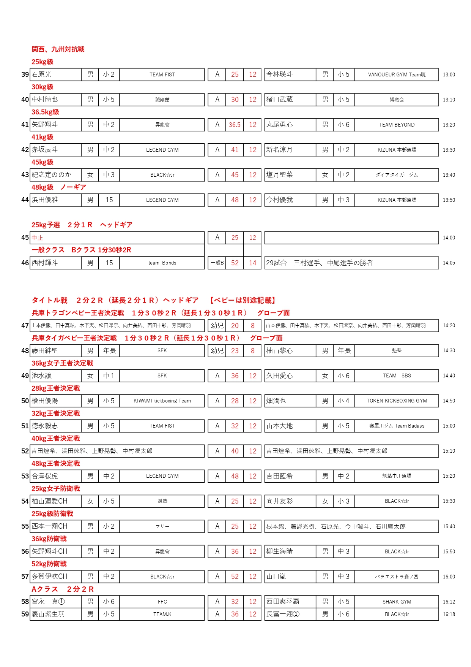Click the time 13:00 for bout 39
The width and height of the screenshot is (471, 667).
[449, 75]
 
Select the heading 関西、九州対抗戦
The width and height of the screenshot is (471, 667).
[58, 49]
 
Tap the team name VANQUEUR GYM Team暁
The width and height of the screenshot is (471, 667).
[397, 75]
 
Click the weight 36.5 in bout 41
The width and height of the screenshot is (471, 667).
[235, 125]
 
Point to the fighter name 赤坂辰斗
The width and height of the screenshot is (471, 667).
[45, 150]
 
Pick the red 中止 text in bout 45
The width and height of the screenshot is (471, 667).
[37, 238]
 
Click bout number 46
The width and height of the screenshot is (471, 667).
[25, 263]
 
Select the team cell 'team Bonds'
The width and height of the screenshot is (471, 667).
[162, 263]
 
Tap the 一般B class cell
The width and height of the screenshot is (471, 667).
[217, 263]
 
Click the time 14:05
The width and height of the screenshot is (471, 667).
[449, 263]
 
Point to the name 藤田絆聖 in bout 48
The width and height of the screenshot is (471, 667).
[45, 351]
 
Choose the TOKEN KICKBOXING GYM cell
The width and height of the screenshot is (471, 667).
[397, 401]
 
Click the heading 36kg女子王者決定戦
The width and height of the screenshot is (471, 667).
[62, 363]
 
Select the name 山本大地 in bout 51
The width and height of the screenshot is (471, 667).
[280, 426]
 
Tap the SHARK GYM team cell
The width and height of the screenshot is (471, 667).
[397, 602]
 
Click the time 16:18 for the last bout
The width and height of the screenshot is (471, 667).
[449, 614]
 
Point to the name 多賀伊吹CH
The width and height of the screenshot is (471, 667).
[49, 577]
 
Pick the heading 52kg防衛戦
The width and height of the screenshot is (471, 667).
[49, 564]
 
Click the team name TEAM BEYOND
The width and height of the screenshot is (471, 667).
[397, 125]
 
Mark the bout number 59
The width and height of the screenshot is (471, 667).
[25, 614]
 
